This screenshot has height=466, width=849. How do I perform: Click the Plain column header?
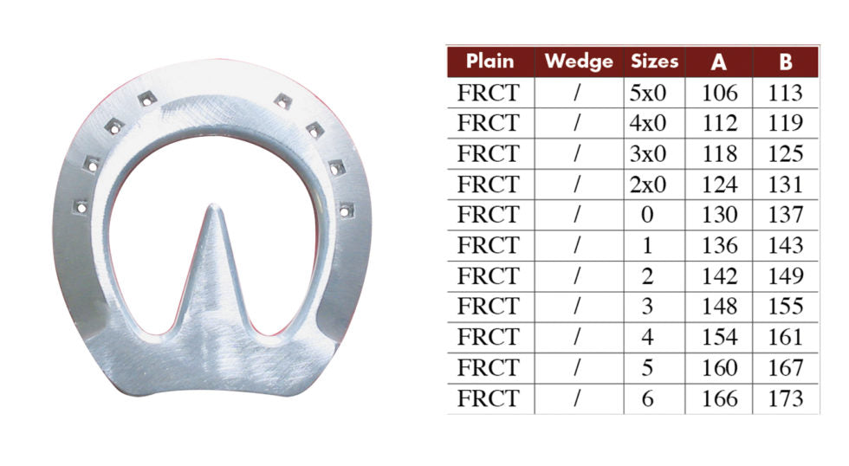(x=489, y=61)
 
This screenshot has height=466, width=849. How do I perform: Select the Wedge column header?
(x=578, y=61)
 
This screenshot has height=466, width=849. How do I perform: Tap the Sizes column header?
(x=653, y=61)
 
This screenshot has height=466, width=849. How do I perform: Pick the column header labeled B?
(x=785, y=61)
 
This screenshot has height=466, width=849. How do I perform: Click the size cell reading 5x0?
(x=653, y=93)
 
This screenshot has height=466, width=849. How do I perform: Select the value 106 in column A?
(x=719, y=93)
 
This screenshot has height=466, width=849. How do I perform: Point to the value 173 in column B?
(x=785, y=399)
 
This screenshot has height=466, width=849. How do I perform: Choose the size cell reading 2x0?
(x=653, y=184)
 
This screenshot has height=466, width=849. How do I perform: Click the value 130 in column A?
(x=719, y=215)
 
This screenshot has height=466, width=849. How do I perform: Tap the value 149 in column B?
(x=785, y=276)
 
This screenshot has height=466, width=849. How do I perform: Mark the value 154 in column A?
(x=719, y=338)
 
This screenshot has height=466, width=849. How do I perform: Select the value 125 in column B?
(x=785, y=154)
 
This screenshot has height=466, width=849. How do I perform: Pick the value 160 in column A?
(x=719, y=368)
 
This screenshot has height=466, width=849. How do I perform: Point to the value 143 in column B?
(x=785, y=246)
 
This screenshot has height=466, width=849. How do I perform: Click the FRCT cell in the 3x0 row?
(x=488, y=154)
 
